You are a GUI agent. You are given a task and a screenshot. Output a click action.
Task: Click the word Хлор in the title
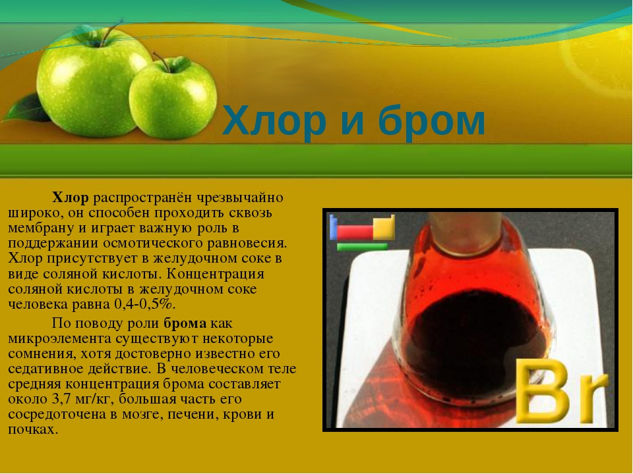tap(274, 120)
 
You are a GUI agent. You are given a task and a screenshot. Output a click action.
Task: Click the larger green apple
tap(93, 83)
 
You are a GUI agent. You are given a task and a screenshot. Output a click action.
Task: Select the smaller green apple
tap(173, 98)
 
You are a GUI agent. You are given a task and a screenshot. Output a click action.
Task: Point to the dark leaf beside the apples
tap(26, 108)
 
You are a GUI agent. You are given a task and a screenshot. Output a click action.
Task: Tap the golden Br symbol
tap(560, 391)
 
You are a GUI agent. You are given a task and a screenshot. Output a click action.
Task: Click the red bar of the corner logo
tap(355, 232)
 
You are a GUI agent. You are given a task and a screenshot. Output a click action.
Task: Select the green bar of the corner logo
tap(362, 247)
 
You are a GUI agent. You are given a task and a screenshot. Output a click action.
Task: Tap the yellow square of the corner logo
tap(384, 228)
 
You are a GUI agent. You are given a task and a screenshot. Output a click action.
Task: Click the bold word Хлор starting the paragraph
tap(71, 197)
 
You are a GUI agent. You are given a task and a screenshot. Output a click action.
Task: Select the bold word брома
tap(185, 323)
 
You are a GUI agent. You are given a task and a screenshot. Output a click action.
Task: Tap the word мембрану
tap(41, 228)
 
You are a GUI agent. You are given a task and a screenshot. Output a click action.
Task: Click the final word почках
tap(32, 430)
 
